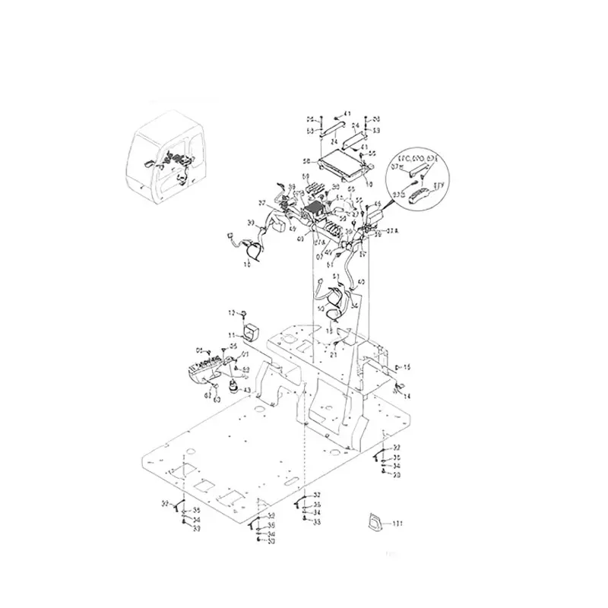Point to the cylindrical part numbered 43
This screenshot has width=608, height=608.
(233, 389)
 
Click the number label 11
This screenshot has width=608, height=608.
(233, 334)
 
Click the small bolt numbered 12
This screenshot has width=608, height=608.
(246, 313)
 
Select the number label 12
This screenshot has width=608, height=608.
(233, 312)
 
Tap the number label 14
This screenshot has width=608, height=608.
(407, 397)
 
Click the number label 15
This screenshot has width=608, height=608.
(407, 367)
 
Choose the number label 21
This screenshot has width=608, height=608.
(333, 355)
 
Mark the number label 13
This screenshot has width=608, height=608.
(328, 331)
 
